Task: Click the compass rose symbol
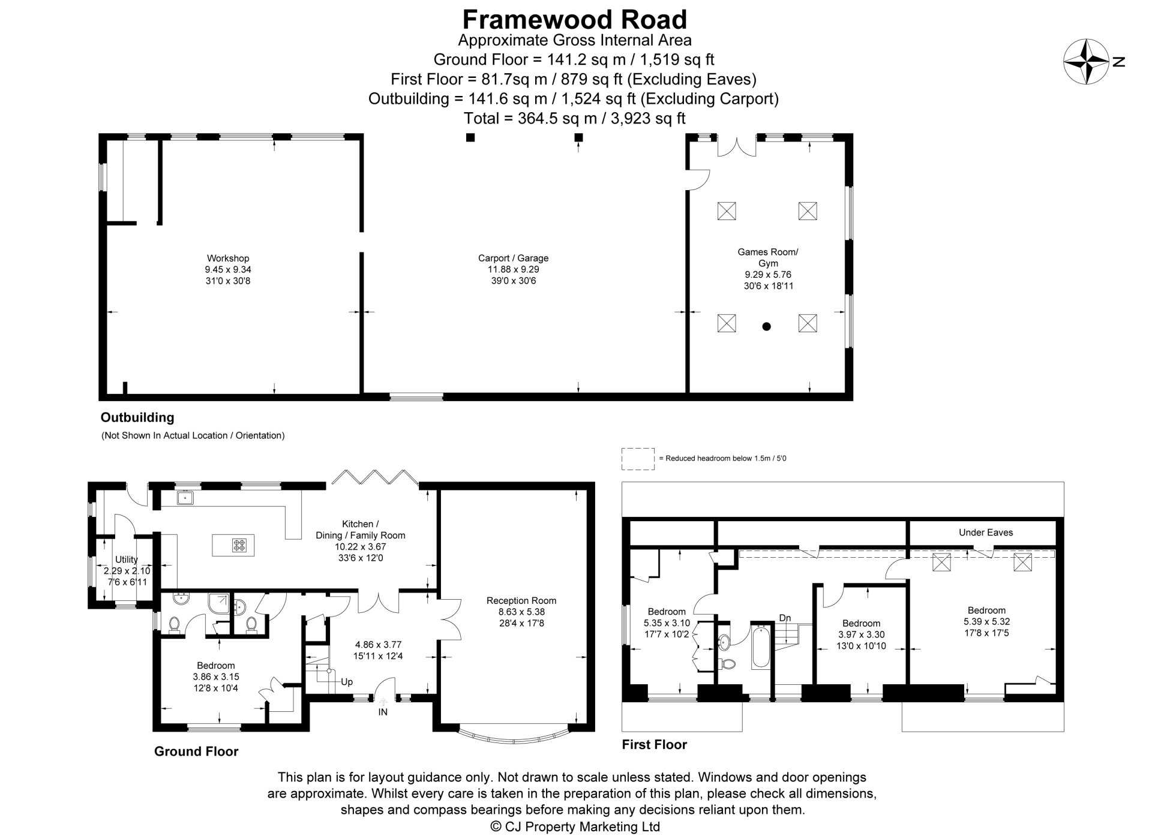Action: click(1086, 61)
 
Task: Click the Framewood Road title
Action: click(574, 20)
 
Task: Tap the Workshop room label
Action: click(228, 258)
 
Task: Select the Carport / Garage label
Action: click(513, 258)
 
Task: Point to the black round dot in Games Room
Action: click(766, 327)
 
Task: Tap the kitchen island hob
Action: click(239, 545)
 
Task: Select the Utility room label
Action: click(126, 559)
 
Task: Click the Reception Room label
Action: click(521, 600)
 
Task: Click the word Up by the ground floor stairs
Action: click(347, 682)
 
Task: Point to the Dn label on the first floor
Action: click(785, 618)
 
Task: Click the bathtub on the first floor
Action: click(760, 648)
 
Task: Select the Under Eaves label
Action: click(985, 532)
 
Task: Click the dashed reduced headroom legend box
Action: click(638, 459)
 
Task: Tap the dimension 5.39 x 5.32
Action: click(986, 621)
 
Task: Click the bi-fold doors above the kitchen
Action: click(375, 477)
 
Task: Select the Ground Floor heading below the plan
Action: click(196, 751)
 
